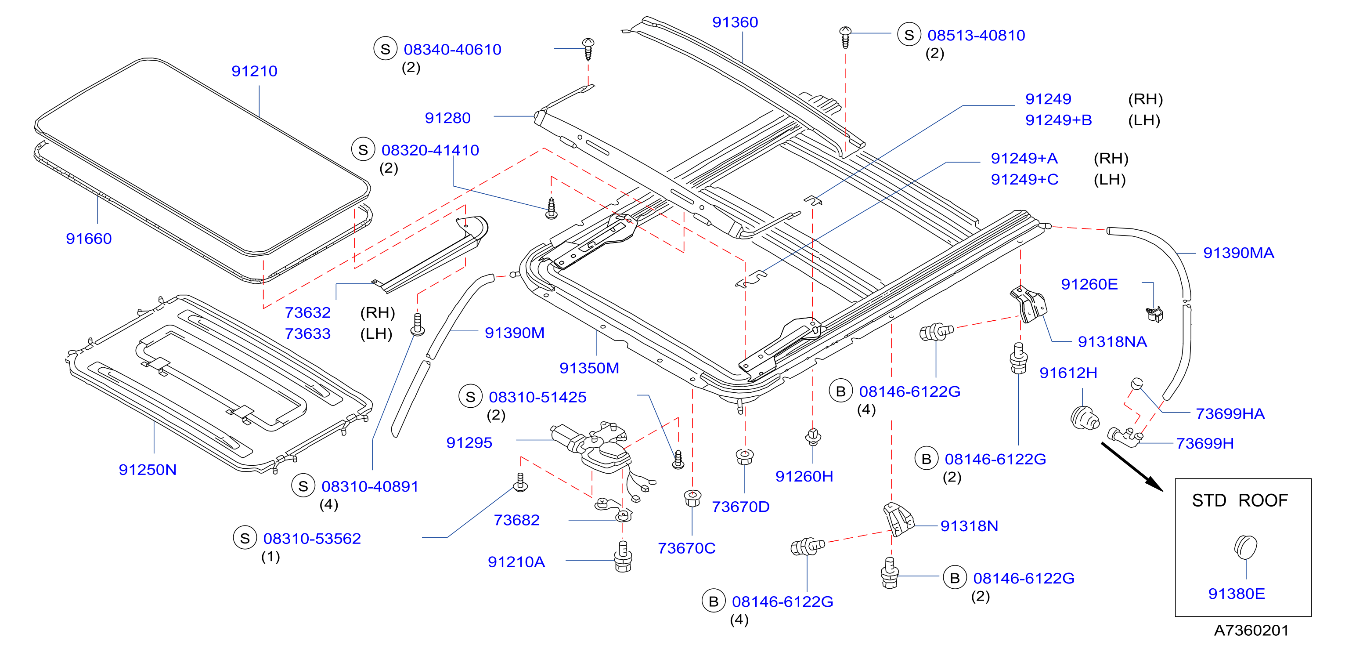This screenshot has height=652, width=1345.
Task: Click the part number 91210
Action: [254, 71]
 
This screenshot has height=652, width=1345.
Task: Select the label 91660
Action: [89, 239]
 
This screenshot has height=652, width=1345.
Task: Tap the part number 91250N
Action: [148, 470]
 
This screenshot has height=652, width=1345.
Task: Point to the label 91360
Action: [735, 22]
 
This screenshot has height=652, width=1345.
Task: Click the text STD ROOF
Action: [1240, 500]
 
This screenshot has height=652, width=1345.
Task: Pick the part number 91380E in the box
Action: [1237, 594]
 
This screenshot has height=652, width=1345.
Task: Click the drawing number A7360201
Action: [1251, 630]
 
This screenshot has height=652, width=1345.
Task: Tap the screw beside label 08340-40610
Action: [588, 49]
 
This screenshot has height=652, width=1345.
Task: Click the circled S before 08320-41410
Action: [364, 150]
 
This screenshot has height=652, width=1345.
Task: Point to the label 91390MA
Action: [1238, 253]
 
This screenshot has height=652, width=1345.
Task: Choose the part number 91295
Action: [469, 443]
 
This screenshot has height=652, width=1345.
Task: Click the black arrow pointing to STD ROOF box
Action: [1132, 467]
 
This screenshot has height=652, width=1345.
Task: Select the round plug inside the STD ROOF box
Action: [1245, 547]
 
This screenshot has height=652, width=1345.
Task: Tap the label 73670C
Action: [686, 549]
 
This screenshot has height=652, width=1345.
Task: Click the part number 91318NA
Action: [1112, 342]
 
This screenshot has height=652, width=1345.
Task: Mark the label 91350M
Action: [589, 368]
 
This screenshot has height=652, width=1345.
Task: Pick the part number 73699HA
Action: [1230, 414]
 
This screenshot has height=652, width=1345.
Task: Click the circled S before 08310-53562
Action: [245, 538]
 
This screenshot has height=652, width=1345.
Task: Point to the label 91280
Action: [447, 118]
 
